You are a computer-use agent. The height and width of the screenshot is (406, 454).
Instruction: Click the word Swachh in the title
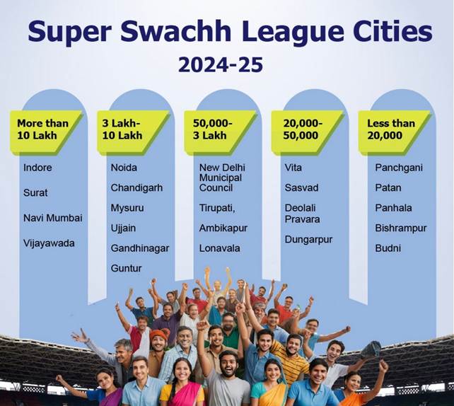point(176,31)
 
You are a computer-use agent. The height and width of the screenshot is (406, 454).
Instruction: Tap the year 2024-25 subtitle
point(221,64)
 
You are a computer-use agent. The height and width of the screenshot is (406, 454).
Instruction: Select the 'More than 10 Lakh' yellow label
point(47,132)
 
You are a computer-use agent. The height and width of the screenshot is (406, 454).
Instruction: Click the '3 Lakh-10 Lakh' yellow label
point(133,132)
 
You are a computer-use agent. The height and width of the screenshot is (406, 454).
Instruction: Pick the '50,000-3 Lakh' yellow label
point(221,132)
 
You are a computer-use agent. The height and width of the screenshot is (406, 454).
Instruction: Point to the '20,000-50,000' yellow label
point(308,132)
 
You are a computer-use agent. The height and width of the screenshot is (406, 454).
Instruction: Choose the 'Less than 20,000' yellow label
point(395,132)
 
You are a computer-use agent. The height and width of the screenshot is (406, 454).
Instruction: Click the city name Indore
point(37,168)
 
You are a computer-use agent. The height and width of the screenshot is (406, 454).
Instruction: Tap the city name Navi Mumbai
point(53,218)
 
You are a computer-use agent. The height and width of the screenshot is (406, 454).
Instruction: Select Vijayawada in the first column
point(49,243)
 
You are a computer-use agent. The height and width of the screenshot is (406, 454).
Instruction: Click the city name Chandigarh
point(136,188)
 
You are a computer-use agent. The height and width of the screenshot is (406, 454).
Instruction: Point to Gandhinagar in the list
point(140,248)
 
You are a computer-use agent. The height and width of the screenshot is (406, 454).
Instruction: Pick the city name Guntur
point(127,269)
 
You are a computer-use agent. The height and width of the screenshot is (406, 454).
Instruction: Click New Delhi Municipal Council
point(222,178)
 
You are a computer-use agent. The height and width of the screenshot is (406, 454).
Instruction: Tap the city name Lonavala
point(219,248)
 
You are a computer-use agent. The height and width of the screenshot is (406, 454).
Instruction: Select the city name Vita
point(293,168)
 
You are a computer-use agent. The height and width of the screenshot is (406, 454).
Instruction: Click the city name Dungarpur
point(308,240)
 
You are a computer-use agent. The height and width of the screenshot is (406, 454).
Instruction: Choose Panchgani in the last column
point(399,168)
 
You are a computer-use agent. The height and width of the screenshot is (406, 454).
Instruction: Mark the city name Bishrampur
point(401,228)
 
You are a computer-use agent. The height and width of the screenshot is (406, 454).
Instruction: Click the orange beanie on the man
point(158,335)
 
